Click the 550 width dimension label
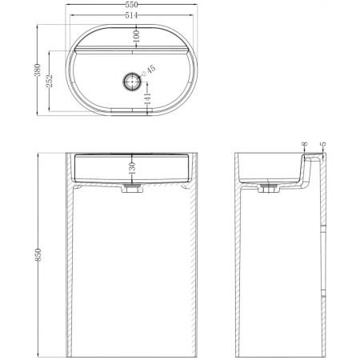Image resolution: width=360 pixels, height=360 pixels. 131,5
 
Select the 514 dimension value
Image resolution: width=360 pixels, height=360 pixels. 131,16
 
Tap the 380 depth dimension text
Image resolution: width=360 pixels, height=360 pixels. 38,70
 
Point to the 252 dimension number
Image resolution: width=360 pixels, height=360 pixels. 50,81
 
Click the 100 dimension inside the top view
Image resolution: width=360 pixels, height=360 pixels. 136,36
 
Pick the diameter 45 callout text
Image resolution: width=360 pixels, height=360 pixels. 149,70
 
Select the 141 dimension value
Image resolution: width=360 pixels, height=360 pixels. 147,98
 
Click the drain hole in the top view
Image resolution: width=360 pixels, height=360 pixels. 132,81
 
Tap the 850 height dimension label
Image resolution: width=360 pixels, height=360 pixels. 38,254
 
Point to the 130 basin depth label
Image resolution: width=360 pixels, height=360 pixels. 132,168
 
